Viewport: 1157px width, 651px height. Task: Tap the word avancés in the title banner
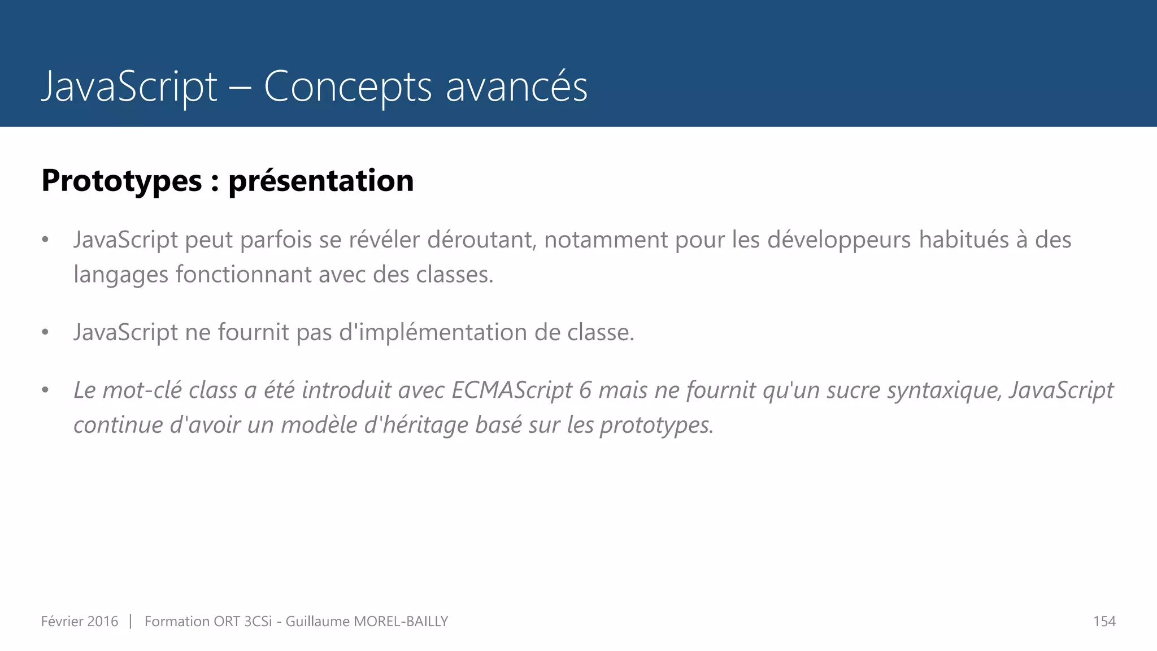pos(516,87)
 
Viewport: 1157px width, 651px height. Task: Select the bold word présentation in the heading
pos(321,181)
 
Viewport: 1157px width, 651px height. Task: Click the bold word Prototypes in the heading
pos(121,181)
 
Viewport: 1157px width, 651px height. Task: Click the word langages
pos(120,275)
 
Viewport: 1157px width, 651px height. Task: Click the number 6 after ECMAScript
pos(585,390)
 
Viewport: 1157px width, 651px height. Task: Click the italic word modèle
pos(319,425)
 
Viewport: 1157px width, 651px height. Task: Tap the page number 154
pos(1104,622)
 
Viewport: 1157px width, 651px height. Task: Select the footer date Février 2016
pos(80,622)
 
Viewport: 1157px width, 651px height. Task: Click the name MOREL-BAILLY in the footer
pos(401,622)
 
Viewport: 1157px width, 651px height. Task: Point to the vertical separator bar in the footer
pos(131,622)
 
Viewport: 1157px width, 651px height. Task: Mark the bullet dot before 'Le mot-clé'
pos(45,390)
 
